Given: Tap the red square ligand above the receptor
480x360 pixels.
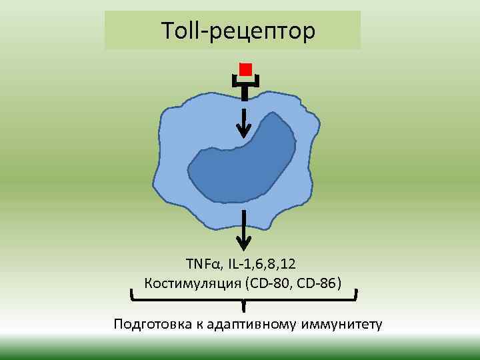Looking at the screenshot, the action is click(x=245, y=69).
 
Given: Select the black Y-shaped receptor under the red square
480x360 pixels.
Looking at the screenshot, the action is click(x=245, y=87).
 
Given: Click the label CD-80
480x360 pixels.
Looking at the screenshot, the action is click(x=275, y=284).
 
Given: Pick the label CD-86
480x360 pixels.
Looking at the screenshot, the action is click(x=319, y=284).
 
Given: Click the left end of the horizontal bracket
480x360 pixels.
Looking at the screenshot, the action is click(x=131, y=295).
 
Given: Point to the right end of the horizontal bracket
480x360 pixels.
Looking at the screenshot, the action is click(x=357, y=295).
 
